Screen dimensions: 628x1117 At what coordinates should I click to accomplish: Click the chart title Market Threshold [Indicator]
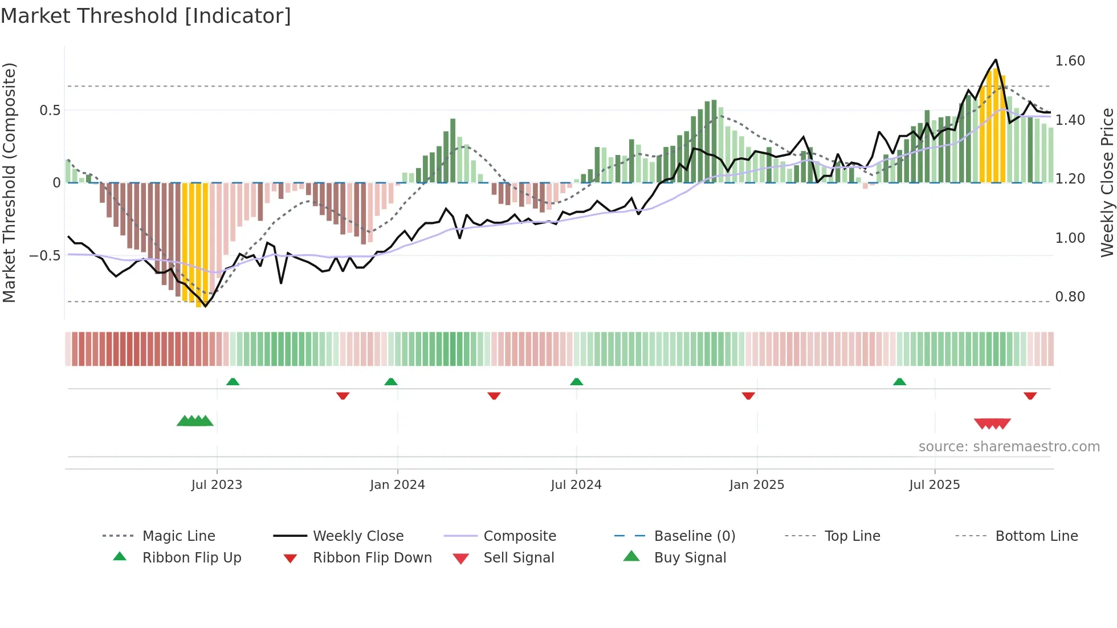pos(146,16)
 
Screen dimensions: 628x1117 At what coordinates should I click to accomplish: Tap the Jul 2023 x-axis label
pos(217,485)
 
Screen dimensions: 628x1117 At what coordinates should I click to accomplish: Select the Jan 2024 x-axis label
pos(397,485)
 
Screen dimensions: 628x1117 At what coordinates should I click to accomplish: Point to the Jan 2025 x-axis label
pos(757,485)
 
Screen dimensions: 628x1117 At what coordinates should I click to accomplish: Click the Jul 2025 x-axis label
pos(935,485)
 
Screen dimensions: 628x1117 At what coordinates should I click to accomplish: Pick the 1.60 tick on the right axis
pos(1070,61)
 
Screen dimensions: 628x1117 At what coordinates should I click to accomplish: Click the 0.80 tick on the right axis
pos(1070,297)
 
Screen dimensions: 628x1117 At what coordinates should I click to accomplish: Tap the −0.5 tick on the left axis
pos(45,256)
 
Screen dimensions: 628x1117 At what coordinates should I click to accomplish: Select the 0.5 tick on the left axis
pos(50,111)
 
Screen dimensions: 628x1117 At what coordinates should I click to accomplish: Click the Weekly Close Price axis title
pos(1107,182)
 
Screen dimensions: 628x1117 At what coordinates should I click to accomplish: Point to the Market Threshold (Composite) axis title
pos(9,182)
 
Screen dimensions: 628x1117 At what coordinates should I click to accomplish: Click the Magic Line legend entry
pos(178,536)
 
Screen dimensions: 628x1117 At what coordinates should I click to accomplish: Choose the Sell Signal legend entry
pos(519,558)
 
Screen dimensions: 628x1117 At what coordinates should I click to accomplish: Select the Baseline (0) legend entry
pos(695,536)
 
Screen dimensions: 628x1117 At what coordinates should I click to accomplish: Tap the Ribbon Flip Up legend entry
pos(191,558)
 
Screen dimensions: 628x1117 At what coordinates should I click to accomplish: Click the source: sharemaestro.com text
pos(1009,447)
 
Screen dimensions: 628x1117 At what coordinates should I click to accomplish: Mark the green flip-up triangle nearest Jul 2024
pos(576,382)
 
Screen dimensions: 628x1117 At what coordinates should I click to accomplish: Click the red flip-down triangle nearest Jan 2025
pos(748,395)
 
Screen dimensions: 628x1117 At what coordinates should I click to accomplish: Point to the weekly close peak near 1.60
pos(996,60)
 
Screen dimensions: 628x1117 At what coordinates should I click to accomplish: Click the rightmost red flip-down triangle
pos(1030,395)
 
